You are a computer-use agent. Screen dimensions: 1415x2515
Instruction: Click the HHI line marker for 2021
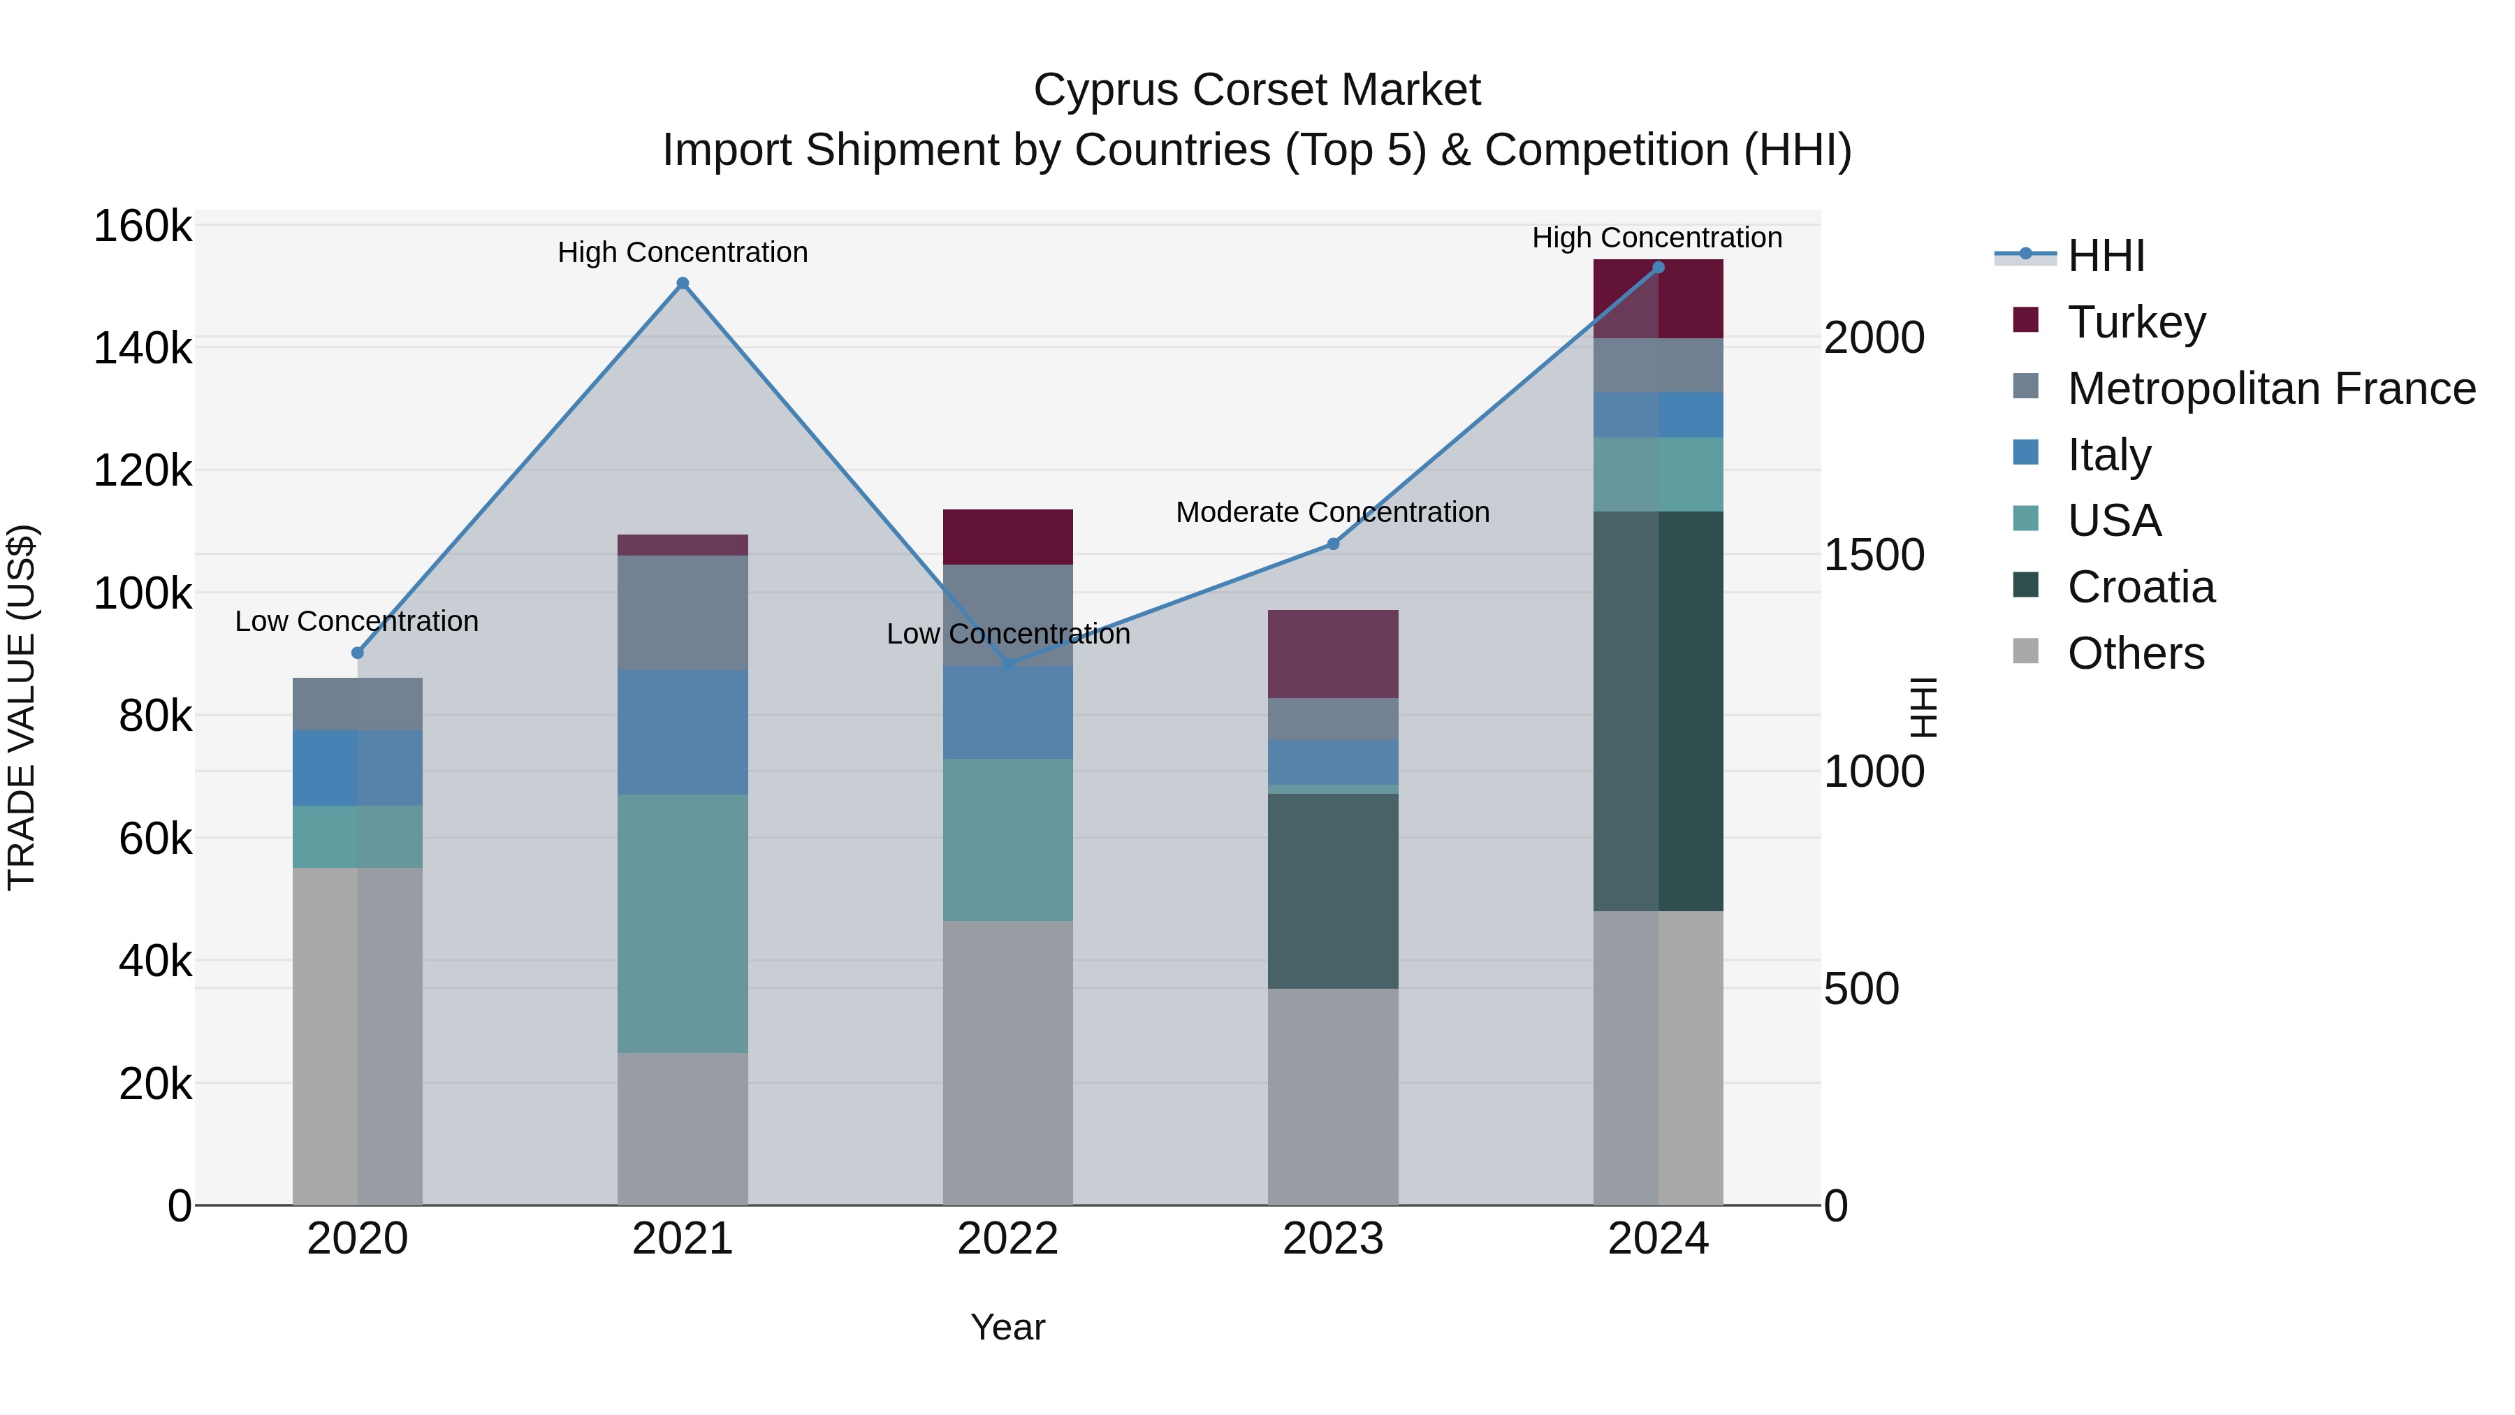pyautogui.click(x=683, y=284)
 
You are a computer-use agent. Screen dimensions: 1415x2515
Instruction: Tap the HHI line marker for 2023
pyautogui.click(x=1333, y=544)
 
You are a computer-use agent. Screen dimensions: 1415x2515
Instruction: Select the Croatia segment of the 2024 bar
pyautogui.click(x=1658, y=711)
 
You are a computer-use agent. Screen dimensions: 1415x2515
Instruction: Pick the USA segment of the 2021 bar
pyautogui.click(x=683, y=923)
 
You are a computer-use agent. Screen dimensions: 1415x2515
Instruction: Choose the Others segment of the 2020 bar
pyautogui.click(x=357, y=1035)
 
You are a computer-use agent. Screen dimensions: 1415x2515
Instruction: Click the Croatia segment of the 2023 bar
pyautogui.click(x=1333, y=891)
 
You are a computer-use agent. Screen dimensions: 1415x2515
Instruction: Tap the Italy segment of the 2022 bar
pyautogui.click(x=1007, y=712)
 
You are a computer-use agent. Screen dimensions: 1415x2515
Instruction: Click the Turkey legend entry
pyautogui.click(x=2136, y=322)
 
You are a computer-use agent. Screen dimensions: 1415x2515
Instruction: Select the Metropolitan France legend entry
pyautogui.click(x=2271, y=389)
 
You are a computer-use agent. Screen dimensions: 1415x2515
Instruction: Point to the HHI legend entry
pyautogui.click(x=2105, y=256)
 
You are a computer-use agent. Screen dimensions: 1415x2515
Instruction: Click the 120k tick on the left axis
pyautogui.click(x=143, y=472)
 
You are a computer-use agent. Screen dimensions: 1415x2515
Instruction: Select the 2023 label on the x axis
pyautogui.click(x=1333, y=1239)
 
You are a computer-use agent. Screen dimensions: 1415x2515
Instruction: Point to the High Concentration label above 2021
pyautogui.click(x=683, y=252)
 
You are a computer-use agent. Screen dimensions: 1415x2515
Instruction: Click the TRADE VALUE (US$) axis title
pyautogui.click(x=22, y=707)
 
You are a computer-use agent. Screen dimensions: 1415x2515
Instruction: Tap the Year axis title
pyautogui.click(x=1007, y=1327)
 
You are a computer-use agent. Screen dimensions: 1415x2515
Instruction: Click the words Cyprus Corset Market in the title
pyautogui.click(x=1257, y=90)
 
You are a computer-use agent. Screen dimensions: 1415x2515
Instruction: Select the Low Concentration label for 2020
pyautogui.click(x=356, y=621)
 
